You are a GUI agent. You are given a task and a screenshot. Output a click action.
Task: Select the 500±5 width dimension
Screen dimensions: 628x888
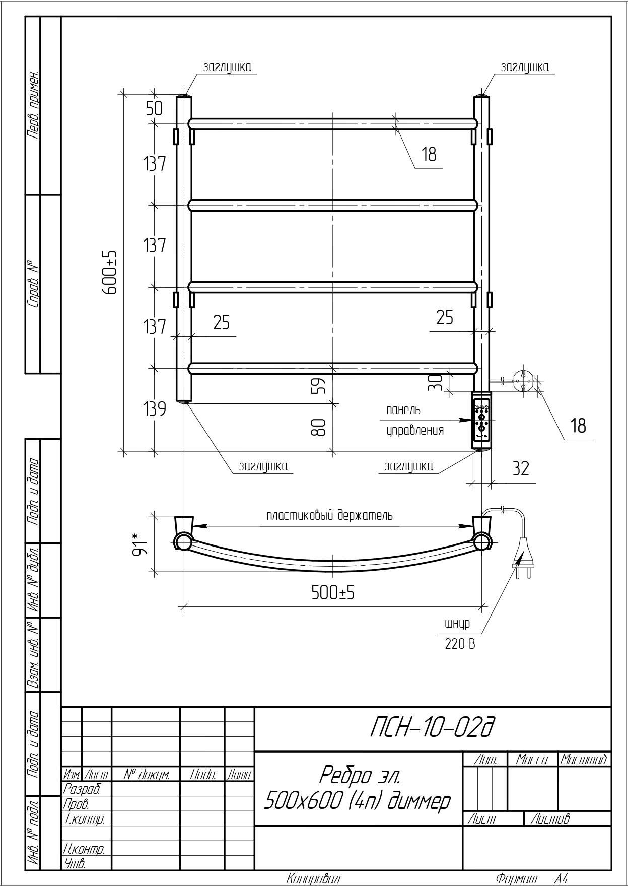(x=333, y=593)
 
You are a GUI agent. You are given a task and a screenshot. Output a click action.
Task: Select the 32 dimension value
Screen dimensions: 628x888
(x=521, y=468)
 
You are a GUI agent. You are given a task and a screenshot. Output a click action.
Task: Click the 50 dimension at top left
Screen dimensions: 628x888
(x=155, y=109)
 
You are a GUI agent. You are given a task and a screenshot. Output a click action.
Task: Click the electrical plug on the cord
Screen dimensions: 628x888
(x=522, y=555)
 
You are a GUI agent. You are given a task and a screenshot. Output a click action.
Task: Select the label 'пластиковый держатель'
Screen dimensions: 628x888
(x=329, y=516)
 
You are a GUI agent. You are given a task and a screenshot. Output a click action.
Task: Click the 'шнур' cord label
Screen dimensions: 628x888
(x=457, y=624)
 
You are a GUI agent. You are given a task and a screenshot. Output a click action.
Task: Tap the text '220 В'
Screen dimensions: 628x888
(x=460, y=643)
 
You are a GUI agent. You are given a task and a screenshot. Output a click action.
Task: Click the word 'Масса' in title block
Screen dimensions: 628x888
(x=532, y=759)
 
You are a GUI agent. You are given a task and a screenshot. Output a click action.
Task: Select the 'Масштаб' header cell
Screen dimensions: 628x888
(x=584, y=759)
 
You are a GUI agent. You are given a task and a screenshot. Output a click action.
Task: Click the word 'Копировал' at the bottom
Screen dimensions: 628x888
(x=314, y=879)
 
